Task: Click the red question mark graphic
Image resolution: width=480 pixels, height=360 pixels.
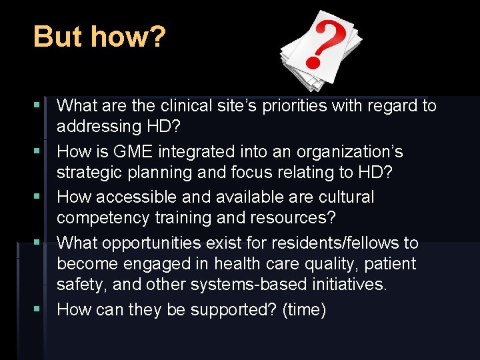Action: click(x=321, y=43)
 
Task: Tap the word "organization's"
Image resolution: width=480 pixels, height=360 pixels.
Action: click(x=347, y=151)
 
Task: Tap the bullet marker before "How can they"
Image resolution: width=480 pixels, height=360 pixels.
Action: click(x=43, y=310)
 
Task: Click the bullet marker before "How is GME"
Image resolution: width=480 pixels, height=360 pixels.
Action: click(x=43, y=151)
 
